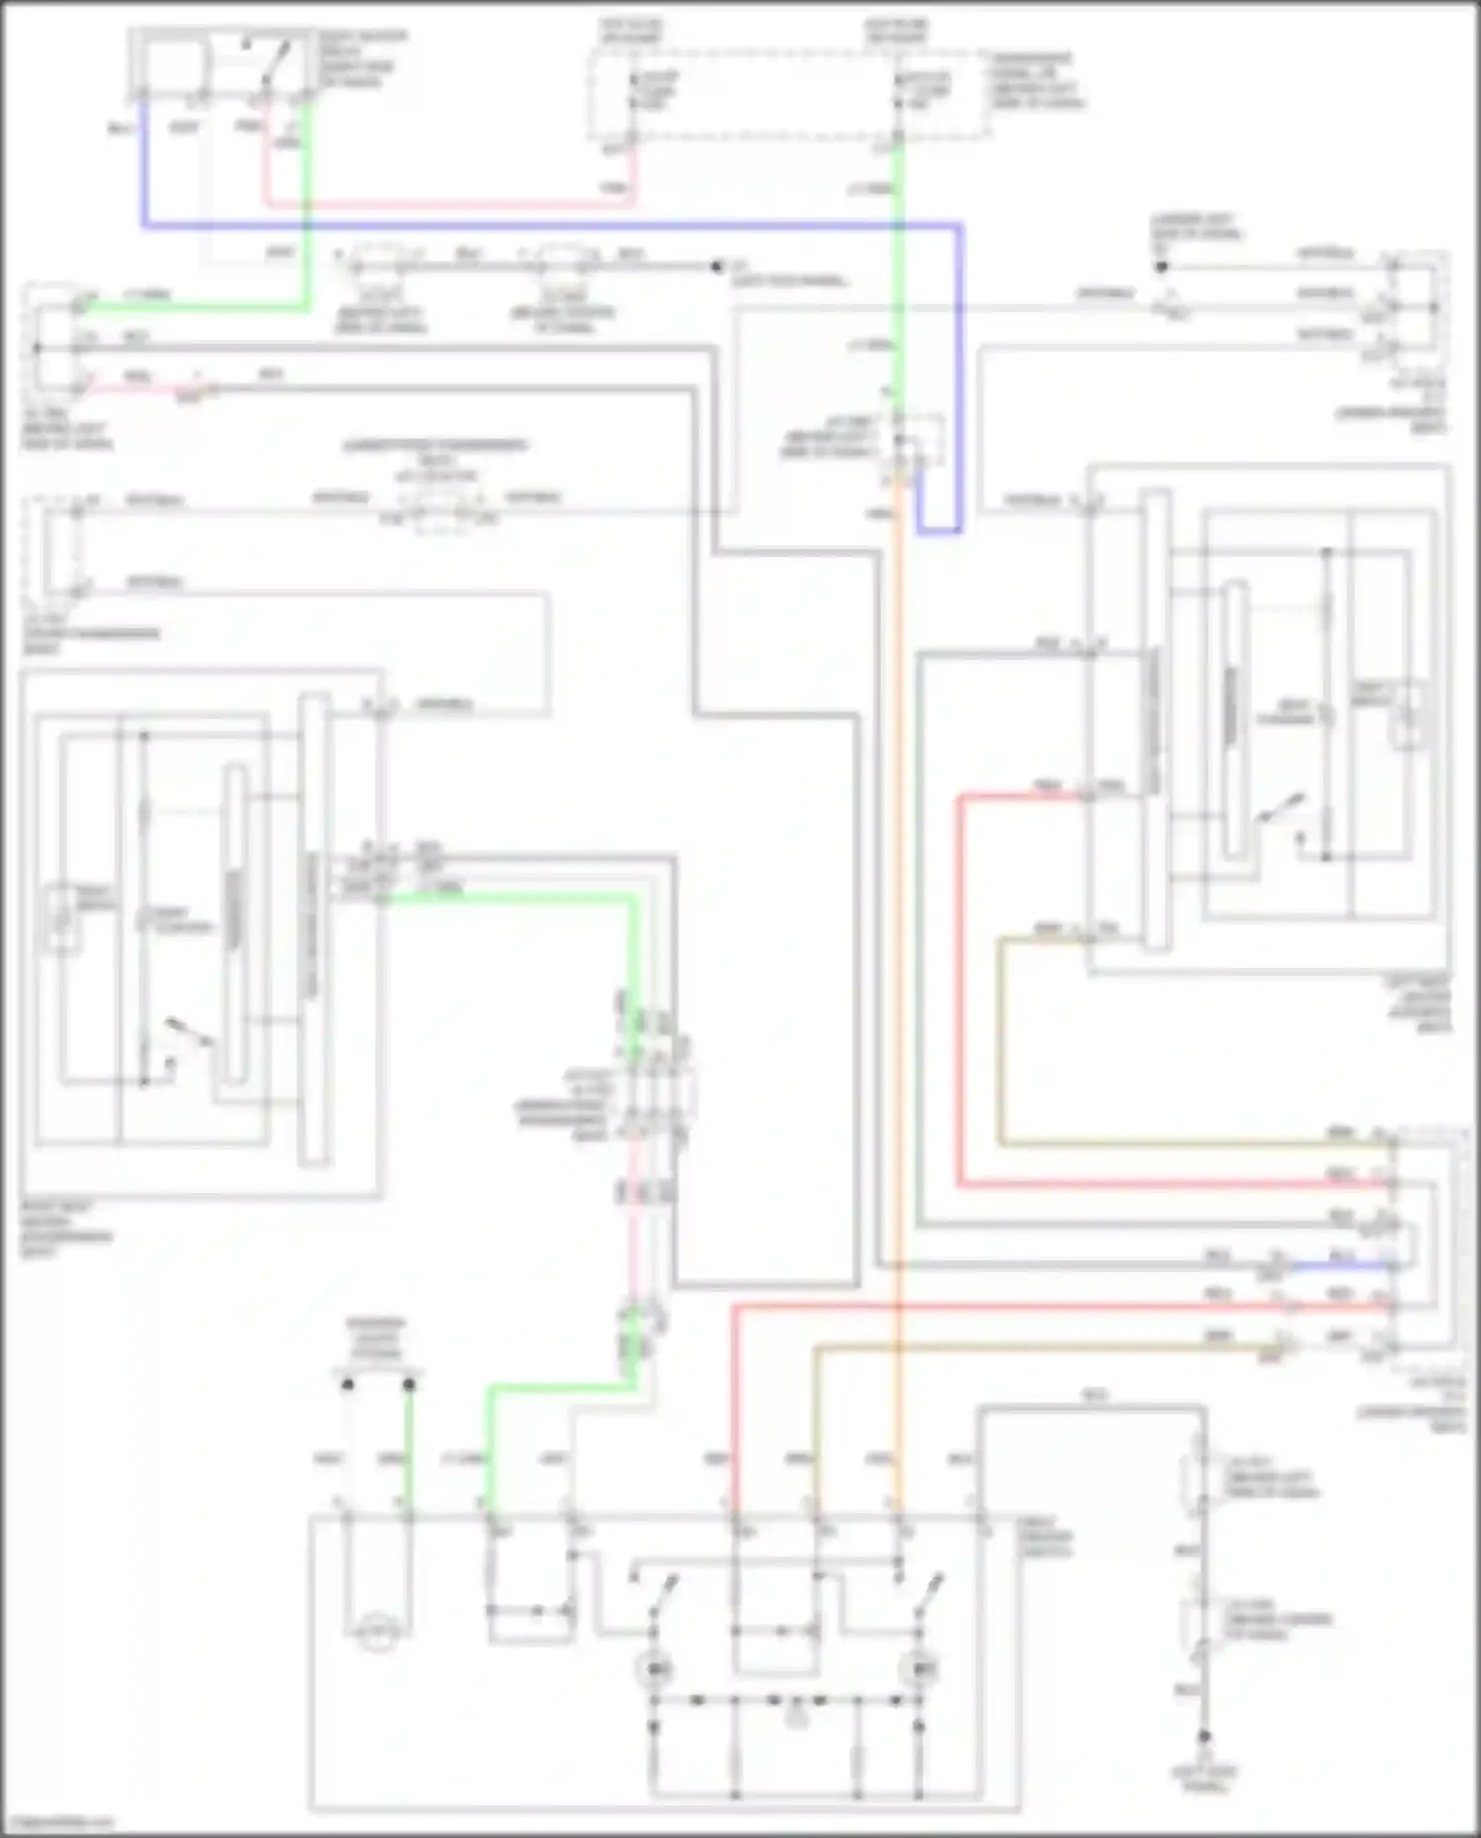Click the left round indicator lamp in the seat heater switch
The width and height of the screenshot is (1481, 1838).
(x=654, y=1668)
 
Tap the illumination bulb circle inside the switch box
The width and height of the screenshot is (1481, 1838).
(x=376, y=1635)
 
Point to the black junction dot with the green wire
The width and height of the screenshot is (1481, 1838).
(x=409, y=1385)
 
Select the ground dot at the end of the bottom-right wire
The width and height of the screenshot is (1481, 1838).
(x=1204, y=1735)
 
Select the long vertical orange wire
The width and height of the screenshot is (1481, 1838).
(x=897, y=988)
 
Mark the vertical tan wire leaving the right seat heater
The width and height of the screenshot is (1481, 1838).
(x=1000, y=1037)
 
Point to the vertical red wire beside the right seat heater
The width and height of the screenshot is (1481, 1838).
(x=959, y=988)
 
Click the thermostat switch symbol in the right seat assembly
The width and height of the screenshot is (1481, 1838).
(x=1280, y=810)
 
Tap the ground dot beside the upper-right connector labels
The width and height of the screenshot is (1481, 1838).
(x=1162, y=267)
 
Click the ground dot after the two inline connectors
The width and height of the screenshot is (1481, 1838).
(x=718, y=267)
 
